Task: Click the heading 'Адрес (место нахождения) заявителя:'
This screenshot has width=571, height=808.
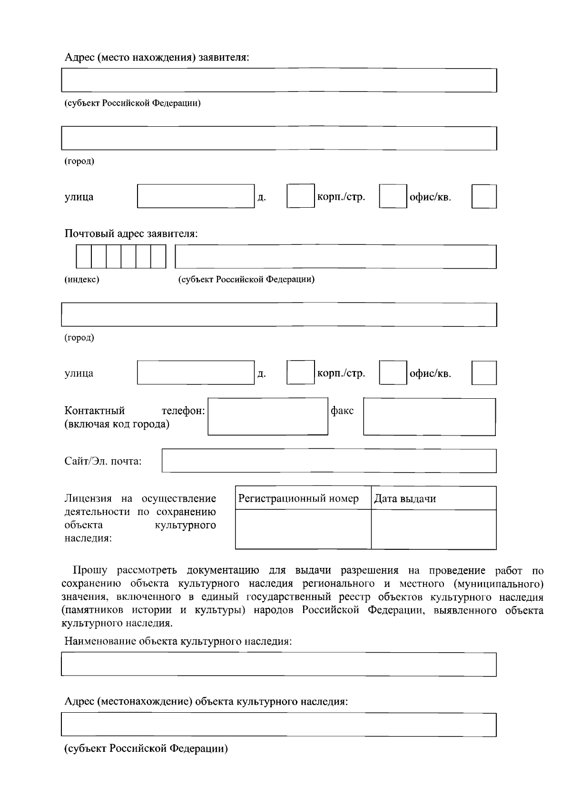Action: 157,58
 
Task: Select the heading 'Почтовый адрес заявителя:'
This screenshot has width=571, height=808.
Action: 131,234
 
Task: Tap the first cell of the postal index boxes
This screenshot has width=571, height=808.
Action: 84,257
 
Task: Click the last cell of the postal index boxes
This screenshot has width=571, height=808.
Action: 158,257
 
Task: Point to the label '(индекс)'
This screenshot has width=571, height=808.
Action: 82,280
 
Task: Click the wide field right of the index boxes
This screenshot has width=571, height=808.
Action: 335,257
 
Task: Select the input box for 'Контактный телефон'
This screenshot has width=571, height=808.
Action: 268,416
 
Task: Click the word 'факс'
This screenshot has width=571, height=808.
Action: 342,411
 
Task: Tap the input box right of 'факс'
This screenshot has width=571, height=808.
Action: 429,416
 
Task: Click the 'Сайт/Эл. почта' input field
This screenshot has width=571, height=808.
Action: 329,461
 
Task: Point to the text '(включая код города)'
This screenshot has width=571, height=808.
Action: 117,424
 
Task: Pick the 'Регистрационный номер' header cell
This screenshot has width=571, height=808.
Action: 303,498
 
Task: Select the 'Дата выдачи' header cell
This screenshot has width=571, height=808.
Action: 433,498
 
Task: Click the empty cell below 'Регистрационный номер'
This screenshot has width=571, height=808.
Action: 303,529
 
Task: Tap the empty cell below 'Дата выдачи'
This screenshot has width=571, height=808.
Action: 433,529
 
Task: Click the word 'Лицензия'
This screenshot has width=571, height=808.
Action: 88,499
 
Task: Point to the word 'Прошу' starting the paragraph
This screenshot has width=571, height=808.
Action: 90,571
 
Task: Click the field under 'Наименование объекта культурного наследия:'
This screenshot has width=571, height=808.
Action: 279,665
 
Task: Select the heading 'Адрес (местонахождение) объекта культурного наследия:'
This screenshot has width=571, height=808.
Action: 206,702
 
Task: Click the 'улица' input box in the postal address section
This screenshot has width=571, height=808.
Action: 196,373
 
